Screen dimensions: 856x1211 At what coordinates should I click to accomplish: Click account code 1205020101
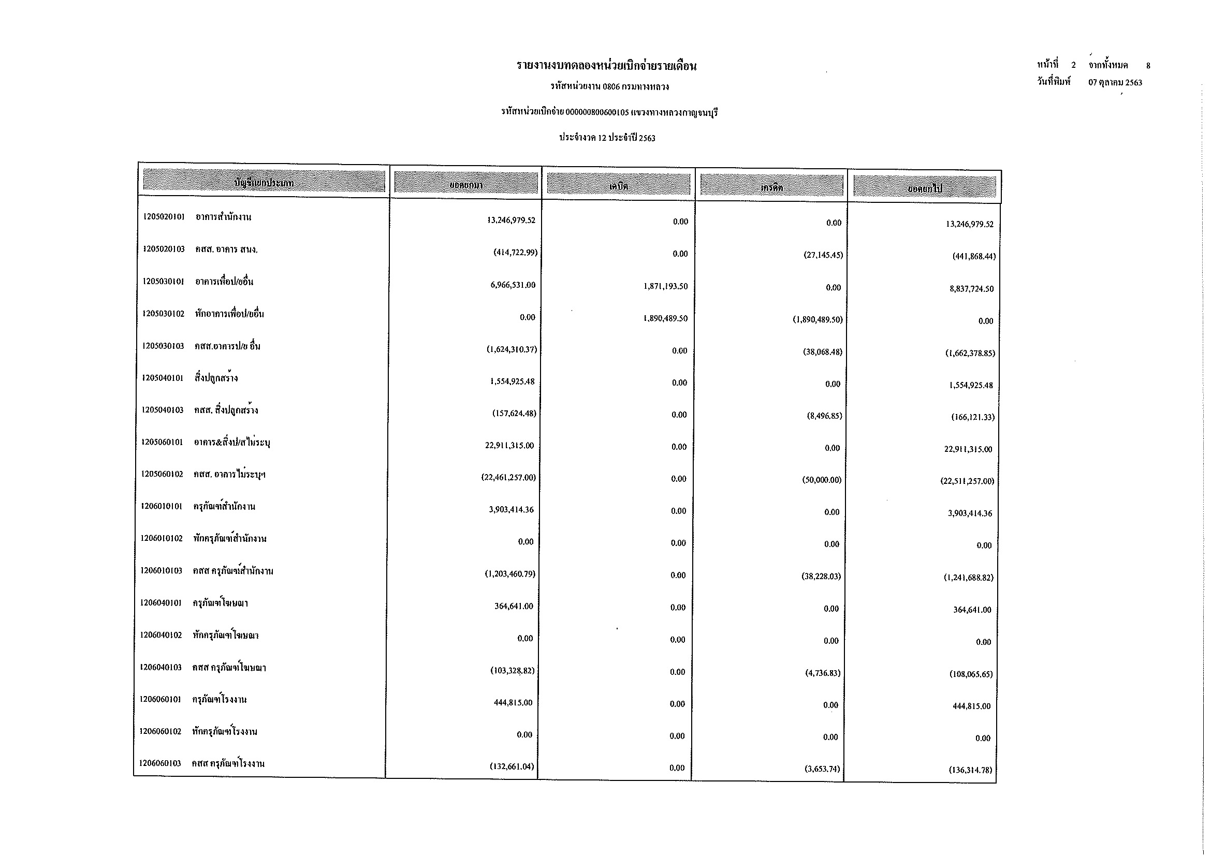pos(164,217)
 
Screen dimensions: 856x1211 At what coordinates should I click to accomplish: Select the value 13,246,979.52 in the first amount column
pos(510,220)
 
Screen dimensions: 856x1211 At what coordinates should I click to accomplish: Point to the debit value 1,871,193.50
pos(665,286)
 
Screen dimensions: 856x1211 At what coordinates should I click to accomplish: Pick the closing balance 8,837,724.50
pos(971,289)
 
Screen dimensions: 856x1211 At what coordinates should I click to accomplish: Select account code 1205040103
pos(163,410)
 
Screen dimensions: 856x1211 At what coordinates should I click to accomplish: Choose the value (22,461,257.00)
pos(508,478)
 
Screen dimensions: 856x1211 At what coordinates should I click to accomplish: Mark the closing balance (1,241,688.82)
pos(968,578)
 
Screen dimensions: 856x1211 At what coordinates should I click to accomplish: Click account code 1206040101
pos(161,603)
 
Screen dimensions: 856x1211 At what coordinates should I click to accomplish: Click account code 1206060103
pos(161,763)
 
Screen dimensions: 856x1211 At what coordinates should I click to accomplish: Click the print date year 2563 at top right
pos(1133,83)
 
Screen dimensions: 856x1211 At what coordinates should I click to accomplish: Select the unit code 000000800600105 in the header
pos(596,112)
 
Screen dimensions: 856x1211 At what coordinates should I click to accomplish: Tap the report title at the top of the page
pos(607,66)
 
